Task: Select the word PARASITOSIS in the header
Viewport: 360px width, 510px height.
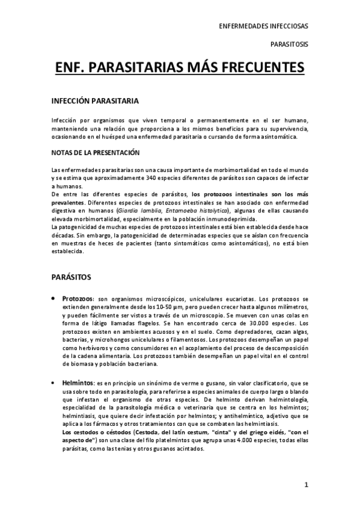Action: (x=290, y=45)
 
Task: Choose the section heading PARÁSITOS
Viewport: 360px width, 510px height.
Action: (x=72, y=277)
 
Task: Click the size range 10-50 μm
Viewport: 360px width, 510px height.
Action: (x=163, y=307)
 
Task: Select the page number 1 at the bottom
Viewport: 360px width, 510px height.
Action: (x=306, y=484)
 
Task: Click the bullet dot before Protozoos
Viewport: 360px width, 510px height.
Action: (x=55, y=299)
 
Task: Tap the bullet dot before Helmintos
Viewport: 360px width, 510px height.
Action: (x=55, y=382)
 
